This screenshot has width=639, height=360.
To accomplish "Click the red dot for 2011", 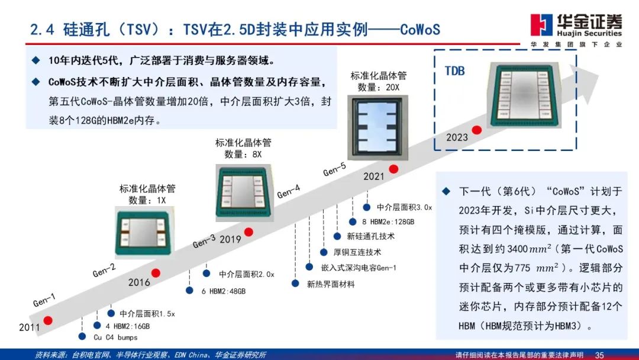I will point(48,320).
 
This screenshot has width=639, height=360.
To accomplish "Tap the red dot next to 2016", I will point(156,273).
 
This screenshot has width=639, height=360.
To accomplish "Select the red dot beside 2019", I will point(249,231).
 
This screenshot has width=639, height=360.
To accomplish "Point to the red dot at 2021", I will point(393,169).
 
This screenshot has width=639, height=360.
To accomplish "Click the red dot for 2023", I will point(476,130).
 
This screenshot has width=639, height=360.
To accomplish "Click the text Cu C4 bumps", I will point(115,337).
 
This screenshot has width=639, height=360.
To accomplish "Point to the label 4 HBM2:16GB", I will point(128,326).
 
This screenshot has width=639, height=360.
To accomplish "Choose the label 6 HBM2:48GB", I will point(223,291).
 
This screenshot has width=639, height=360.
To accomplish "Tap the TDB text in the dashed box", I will point(454,71).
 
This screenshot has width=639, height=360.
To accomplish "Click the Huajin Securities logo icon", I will point(541,25).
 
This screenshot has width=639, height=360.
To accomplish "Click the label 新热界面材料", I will point(331,284).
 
